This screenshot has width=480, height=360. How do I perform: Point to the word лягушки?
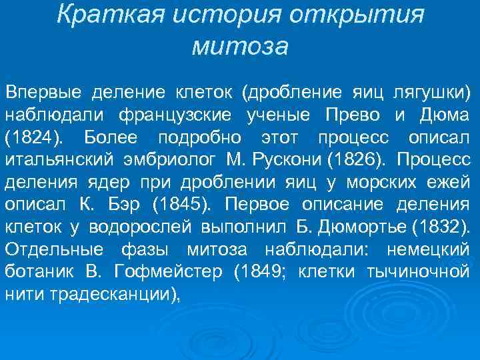[x=433, y=91]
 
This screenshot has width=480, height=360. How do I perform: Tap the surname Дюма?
[x=444, y=114]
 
